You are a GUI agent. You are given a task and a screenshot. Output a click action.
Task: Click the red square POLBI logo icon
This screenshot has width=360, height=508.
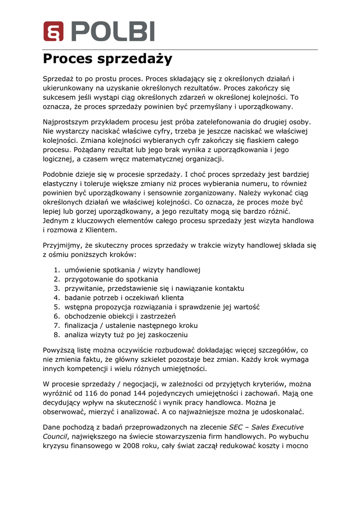(x=53, y=31)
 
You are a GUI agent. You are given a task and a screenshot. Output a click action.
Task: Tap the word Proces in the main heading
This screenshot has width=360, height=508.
(x=68, y=59)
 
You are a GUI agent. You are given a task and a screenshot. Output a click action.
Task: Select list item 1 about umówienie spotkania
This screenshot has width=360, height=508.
(x=132, y=270)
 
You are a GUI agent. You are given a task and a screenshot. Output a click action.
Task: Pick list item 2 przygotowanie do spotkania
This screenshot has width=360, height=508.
(x=111, y=279)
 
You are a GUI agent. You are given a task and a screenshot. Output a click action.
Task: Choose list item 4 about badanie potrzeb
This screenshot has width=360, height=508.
(x=124, y=298)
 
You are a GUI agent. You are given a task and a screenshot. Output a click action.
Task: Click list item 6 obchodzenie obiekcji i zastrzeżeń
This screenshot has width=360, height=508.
(x=120, y=316)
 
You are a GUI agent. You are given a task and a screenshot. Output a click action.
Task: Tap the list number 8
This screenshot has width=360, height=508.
(x=56, y=335)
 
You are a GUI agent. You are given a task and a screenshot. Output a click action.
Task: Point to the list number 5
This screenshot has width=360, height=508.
(x=56, y=307)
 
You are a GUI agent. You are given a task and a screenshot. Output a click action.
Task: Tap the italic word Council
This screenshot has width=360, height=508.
(x=55, y=436)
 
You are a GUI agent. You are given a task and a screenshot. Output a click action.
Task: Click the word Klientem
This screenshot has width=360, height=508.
(x=101, y=230)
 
